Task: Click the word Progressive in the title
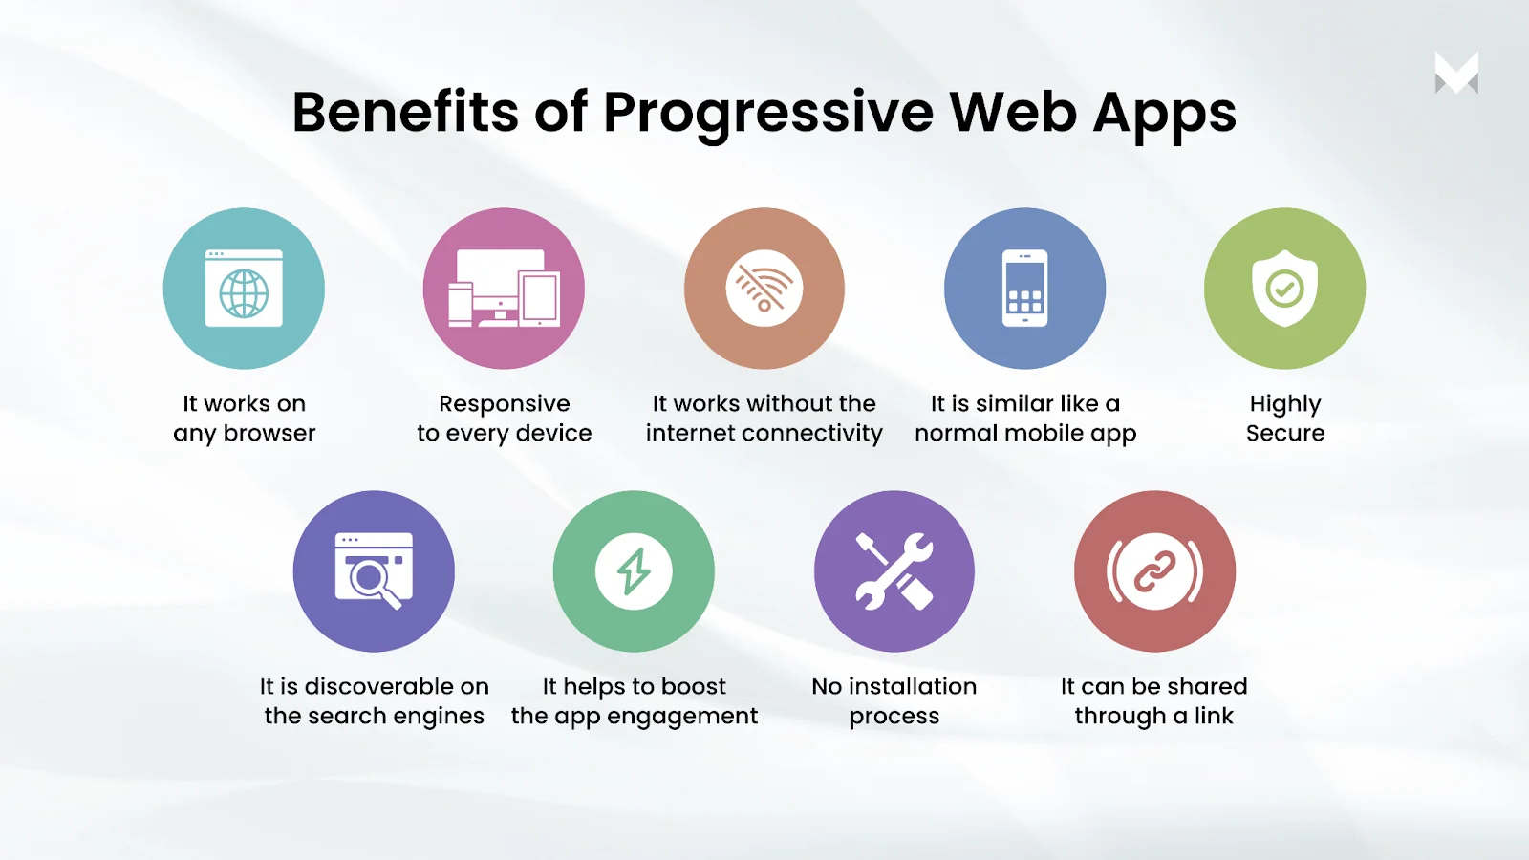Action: (768, 114)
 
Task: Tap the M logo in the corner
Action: (1456, 73)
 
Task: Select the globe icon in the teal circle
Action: (244, 293)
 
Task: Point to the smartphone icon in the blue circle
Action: (1024, 288)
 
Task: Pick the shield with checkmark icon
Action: (1284, 288)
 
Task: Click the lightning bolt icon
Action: (634, 571)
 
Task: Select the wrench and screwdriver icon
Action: (894, 571)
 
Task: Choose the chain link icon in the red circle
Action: (1154, 571)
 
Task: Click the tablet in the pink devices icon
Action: (539, 298)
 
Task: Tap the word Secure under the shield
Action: (1284, 433)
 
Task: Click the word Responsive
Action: (504, 404)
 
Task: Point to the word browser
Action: (269, 433)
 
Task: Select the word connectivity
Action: (812, 434)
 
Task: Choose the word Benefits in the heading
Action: (405, 112)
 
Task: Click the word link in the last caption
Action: (1214, 716)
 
